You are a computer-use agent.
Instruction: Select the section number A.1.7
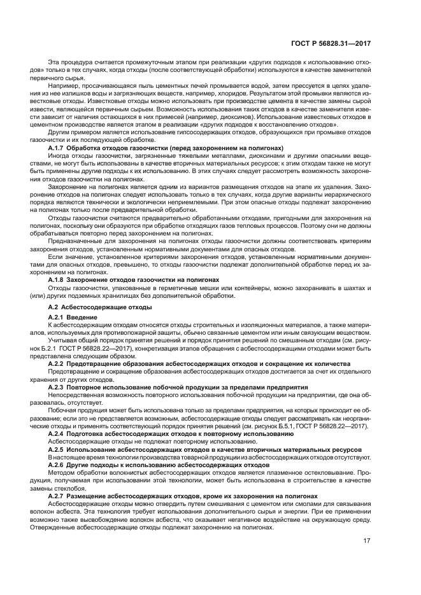(x=59, y=148)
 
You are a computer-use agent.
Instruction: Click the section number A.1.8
(x=59, y=280)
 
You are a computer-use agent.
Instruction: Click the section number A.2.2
(x=59, y=363)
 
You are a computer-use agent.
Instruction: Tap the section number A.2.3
(x=59, y=386)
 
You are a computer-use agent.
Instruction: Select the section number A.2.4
(x=59, y=433)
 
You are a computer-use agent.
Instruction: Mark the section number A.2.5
(x=59, y=449)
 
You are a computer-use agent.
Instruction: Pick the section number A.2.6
(x=59, y=465)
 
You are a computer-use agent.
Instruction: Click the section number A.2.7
(x=59, y=495)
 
